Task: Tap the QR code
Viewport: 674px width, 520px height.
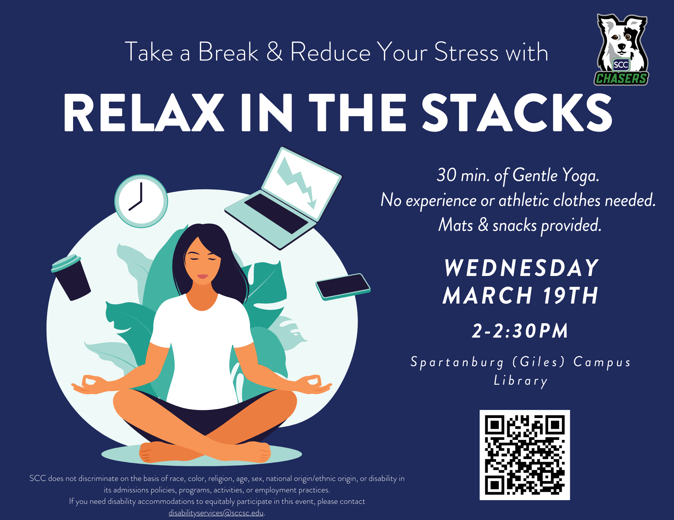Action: click(x=524, y=455)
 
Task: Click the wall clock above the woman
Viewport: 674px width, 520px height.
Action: click(x=141, y=201)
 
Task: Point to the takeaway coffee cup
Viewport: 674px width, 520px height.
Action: click(x=71, y=277)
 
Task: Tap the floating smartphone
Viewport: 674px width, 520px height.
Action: click(x=343, y=286)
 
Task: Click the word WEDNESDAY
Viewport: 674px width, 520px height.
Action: click(x=521, y=268)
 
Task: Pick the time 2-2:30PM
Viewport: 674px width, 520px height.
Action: click(x=520, y=331)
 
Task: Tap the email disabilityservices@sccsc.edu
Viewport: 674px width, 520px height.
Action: click(x=216, y=513)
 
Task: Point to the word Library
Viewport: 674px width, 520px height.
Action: click(x=521, y=381)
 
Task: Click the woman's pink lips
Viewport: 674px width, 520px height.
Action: click(x=203, y=276)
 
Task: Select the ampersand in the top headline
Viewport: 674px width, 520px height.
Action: click(x=275, y=52)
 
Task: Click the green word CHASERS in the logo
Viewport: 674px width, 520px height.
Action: click(x=621, y=78)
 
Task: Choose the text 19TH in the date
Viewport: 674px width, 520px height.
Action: click(x=570, y=296)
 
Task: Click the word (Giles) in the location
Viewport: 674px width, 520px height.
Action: click(x=538, y=362)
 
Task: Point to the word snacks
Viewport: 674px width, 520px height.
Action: click(x=514, y=225)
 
